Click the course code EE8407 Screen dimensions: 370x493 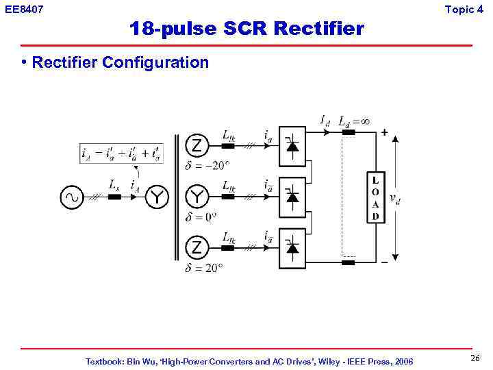coord(24,10)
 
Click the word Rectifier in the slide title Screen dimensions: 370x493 coord(318,29)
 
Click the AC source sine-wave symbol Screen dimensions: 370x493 coord(71,198)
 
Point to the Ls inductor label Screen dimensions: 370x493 coord(114,184)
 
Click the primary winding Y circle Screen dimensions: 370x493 coord(158,198)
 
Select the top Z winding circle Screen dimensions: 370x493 coord(197,147)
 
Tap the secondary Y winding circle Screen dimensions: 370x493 coord(197,197)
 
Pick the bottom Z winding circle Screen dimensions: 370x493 coord(197,247)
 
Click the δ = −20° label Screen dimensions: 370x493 coord(207,166)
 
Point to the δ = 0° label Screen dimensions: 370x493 coord(201,217)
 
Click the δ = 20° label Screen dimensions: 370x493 coord(203,268)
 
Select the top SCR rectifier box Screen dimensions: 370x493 coord(292,147)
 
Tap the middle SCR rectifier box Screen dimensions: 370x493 coord(292,197)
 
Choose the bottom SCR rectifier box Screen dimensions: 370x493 coord(292,247)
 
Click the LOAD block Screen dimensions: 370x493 coord(375,197)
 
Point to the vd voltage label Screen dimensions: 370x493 coord(395,198)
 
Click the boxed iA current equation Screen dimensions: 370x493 coord(122,153)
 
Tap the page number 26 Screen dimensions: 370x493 coord(475,359)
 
